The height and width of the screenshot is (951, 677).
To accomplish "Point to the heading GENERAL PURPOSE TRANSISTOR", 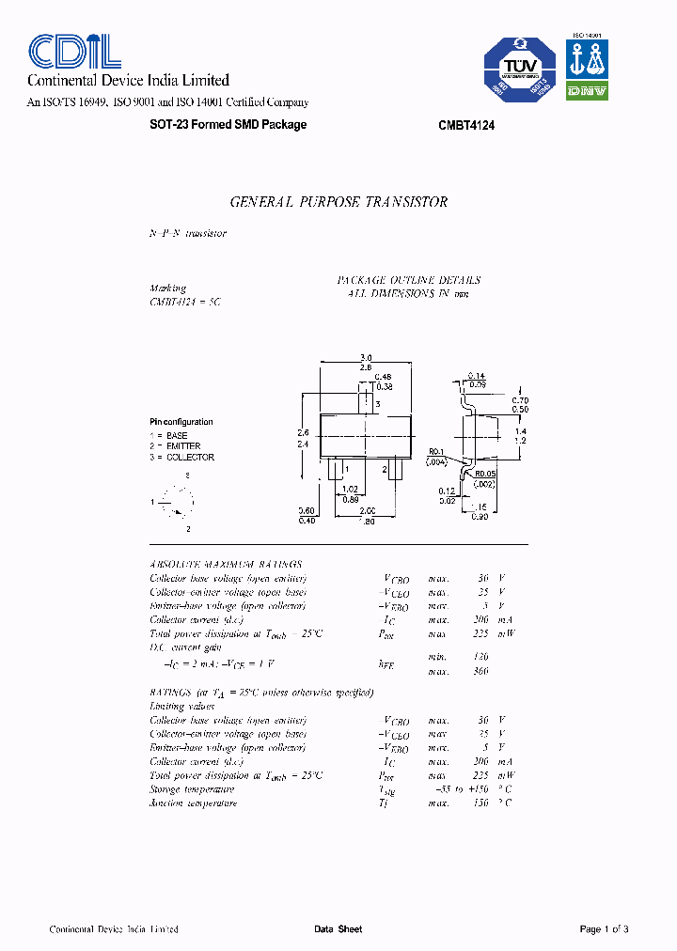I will pyautogui.click(x=338, y=202).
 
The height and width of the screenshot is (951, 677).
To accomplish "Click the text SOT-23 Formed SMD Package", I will pyautogui.click(x=228, y=125).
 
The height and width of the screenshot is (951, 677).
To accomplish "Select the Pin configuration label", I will pyautogui.click(x=181, y=422).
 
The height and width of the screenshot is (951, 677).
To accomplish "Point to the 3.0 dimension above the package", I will pyautogui.click(x=366, y=358).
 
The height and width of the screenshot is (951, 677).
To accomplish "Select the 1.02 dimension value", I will pyautogui.click(x=349, y=488).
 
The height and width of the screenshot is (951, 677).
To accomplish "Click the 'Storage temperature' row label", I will pyautogui.click(x=193, y=789).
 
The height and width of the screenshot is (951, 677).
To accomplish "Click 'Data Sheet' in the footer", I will pyautogui.click(x=338, y=929).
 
